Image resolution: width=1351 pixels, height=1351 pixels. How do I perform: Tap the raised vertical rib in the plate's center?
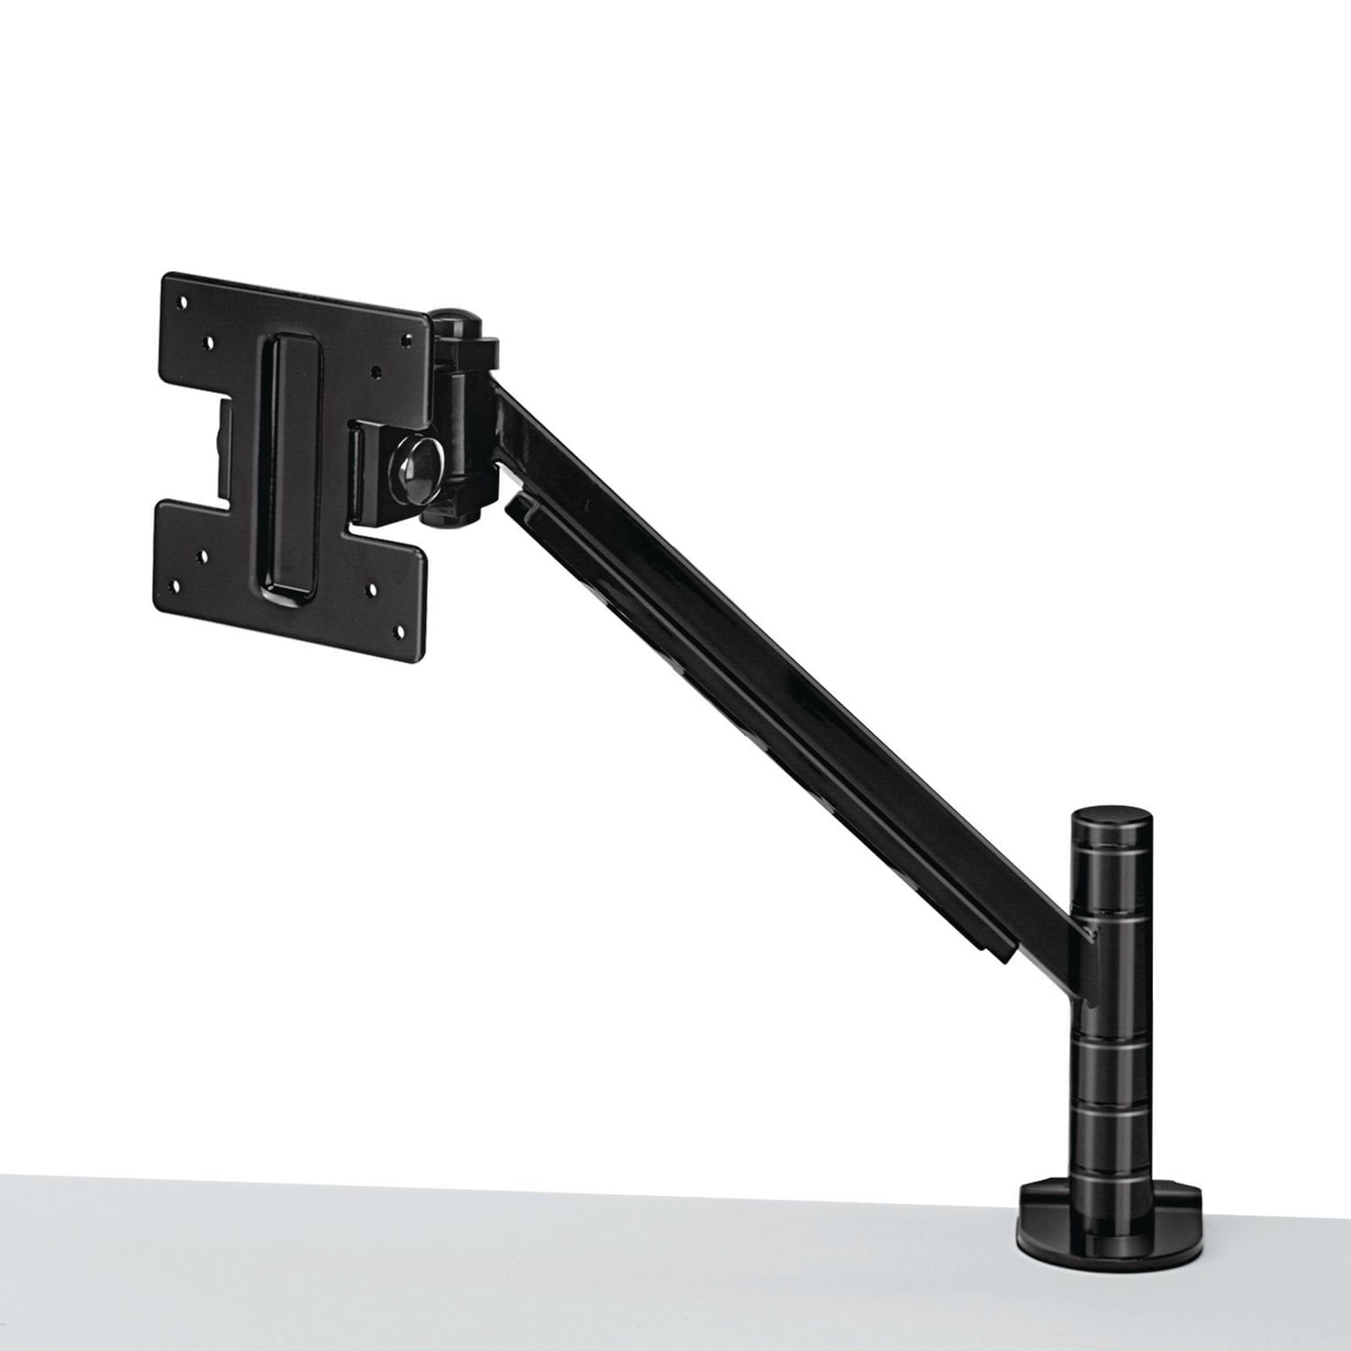pos(287,464)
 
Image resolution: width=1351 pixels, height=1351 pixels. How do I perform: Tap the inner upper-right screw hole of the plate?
pos(376,370)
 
